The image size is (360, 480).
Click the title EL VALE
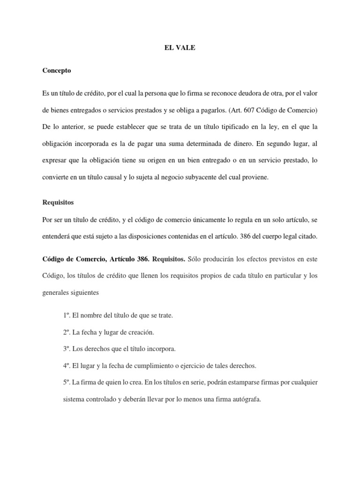(x=180, y=47)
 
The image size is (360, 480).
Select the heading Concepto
(x=56, y=70)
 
